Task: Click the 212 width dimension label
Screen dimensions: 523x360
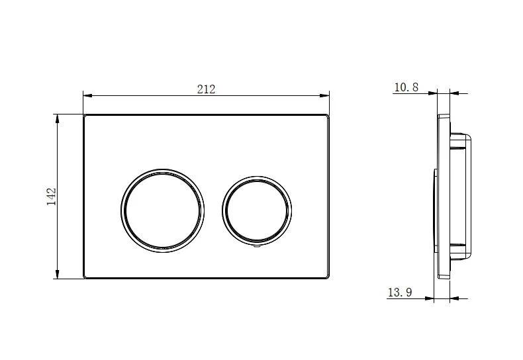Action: click(206, 89)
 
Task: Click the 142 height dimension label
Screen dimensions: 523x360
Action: click(52, 197)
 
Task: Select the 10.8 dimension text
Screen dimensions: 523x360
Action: click(406, 87)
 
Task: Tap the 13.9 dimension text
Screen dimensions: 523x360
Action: click(400, 292)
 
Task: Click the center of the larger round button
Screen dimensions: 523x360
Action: click(162, 210)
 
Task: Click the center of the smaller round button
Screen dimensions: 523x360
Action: click(257, 210)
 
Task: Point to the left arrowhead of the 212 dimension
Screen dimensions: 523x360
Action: click(87, 96)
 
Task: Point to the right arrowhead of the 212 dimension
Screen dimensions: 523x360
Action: click(324, 96)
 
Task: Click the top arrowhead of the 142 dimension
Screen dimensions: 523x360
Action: click(58, 118)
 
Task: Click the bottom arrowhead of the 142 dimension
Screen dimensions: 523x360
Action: click(58, 274)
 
